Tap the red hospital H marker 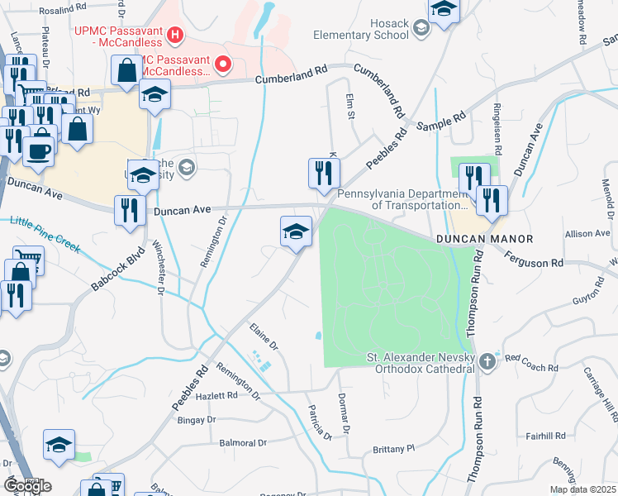click(174, 35)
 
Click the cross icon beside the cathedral click(488, 361)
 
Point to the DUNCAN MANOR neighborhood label click(484, 238)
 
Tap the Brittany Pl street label click(392, 448)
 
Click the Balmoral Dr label click(244, 443)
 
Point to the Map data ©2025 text click(582, 489)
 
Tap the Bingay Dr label click(197, 420)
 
